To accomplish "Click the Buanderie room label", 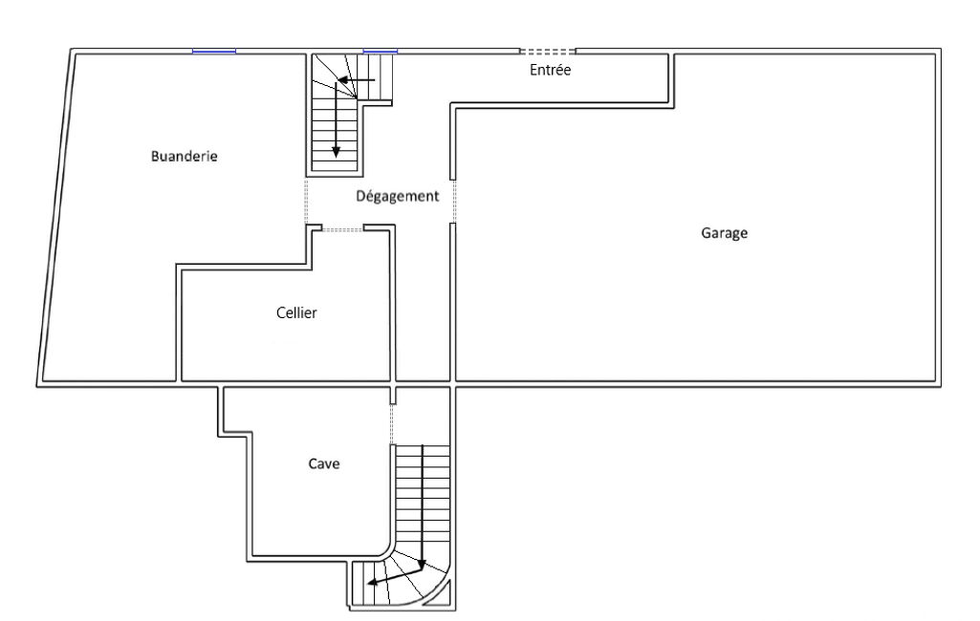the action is coord(185,156).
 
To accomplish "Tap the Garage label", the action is coord(724,233).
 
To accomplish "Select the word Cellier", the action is coord(296,312).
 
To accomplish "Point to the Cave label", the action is coord(324,463).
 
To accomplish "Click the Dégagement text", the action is coord(398,196).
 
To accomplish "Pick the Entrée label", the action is coord(550,70).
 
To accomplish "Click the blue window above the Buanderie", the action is coord(214,52).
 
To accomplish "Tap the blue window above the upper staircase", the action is coord(380,52).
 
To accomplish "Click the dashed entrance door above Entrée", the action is coord(548,52).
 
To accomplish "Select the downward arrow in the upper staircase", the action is coord(336,118).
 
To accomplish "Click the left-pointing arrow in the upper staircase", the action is coord(357,80).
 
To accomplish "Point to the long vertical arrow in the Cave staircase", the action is coord(423,506).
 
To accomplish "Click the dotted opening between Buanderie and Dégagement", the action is coord(306,202).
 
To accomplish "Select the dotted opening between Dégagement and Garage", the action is coord(454,202).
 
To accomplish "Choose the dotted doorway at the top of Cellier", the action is coord(342,230).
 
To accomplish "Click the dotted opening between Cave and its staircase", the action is coord(393,424).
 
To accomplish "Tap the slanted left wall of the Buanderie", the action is coord(56,218).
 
